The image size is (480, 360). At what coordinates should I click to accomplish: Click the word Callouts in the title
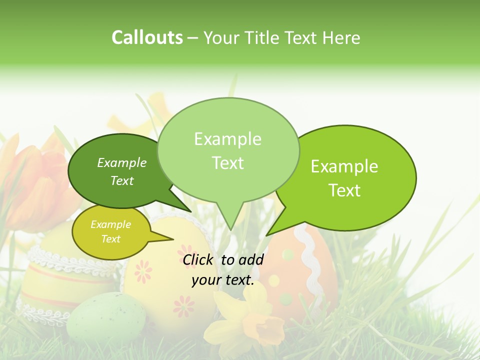[147, 38]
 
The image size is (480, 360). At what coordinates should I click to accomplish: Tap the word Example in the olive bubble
[111, 224]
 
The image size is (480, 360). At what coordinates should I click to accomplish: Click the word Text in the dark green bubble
[122, 180]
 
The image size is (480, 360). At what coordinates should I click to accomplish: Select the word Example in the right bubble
[344, 166]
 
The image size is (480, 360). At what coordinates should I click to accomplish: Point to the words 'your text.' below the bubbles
[223, 280]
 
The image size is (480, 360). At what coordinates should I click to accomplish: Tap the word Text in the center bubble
[228, 162]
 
